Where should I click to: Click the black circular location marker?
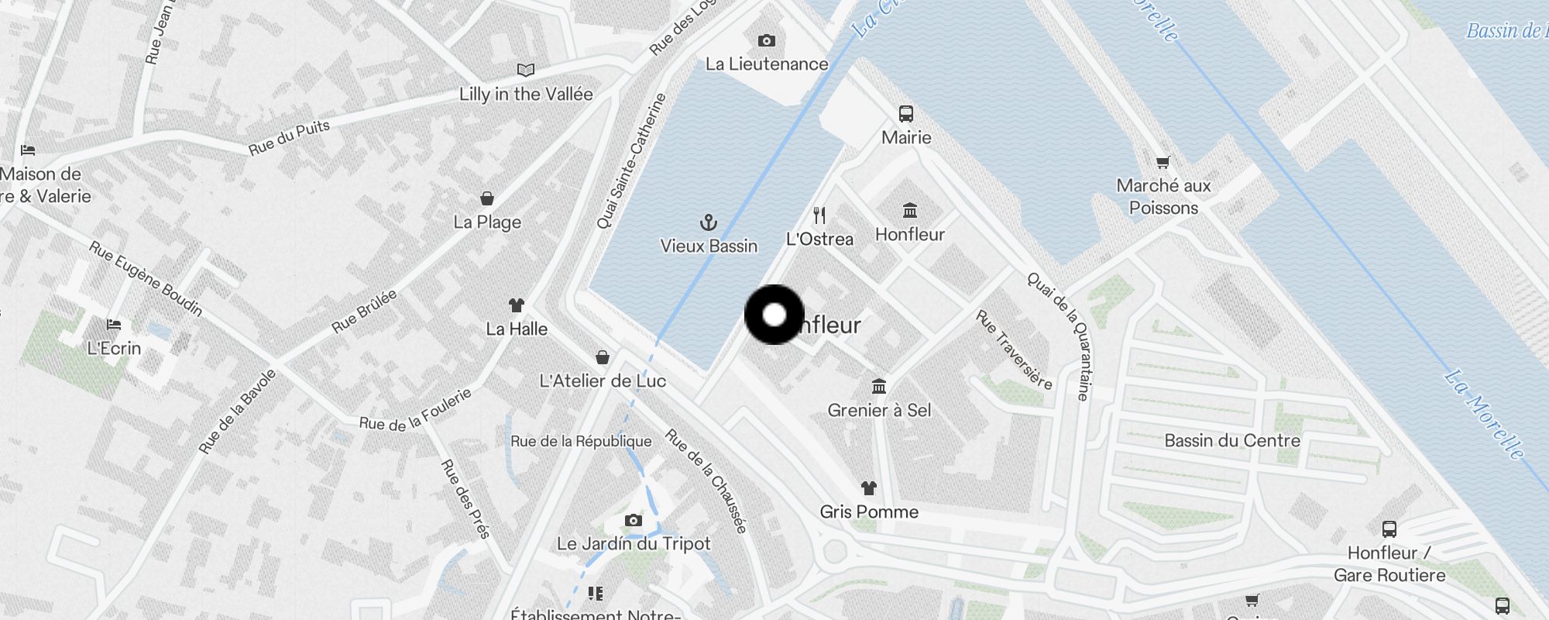774,315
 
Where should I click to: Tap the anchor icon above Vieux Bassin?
708,223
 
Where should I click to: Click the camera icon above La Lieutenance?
766,40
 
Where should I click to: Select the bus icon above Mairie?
905,114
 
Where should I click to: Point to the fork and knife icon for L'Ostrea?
819,215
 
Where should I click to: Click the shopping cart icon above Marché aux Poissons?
1163,162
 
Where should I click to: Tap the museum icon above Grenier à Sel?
878,386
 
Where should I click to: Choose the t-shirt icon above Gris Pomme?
868,488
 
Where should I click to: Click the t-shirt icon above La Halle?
516,305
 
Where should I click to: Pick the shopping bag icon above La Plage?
486,198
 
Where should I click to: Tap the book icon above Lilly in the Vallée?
525,71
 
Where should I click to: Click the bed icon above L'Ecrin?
114,324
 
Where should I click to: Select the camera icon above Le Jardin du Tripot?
633,520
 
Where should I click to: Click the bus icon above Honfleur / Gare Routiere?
1389,529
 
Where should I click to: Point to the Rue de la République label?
581,441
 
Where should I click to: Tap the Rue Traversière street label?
1014,350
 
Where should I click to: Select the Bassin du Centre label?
1231,440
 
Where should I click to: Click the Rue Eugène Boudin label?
146,278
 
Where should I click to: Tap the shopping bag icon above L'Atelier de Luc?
602,357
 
